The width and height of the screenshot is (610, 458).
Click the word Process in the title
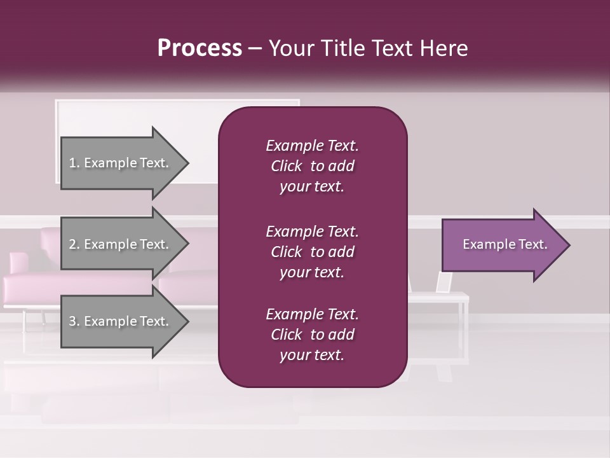pyautogui.click(x=200, y=48)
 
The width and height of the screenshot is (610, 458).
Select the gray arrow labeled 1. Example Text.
pyautogui.click(x=124, y=163)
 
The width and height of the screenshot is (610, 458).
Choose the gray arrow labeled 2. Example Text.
pyautogui.click(x=124, y=244)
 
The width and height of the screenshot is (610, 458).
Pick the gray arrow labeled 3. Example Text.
pyautogui.click(x=124, y=321)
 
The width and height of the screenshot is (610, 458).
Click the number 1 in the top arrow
pyautogui.click(x=72, y=163)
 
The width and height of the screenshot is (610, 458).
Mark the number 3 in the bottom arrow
pyautogui.click(x=72, y=322)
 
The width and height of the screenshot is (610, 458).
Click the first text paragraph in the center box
pyautogui.click(x=312, y=166)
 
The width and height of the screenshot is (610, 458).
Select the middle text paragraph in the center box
pyautogui.click(x=312, y=252)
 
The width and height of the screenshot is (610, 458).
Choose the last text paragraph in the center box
pyautogui.click(x=312, y=335)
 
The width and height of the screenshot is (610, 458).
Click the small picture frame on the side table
pyautogui.click(x=444, y=282)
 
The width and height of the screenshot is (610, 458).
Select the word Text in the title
pyautogui.click(x=392, y=48)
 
